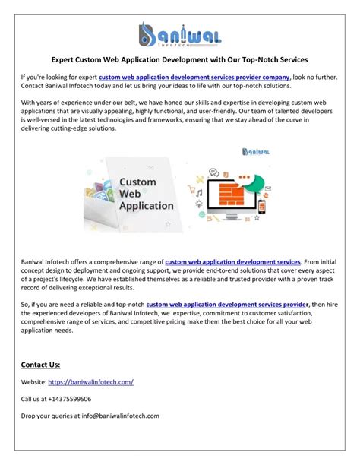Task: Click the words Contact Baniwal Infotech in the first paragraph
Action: tap(56, 87)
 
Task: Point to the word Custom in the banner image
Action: tap(138, 182)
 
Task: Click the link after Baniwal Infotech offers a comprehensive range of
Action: tap(232, 261)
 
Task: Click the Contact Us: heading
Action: tap(40, 364)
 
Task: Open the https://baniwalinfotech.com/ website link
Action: tap(90, 381)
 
